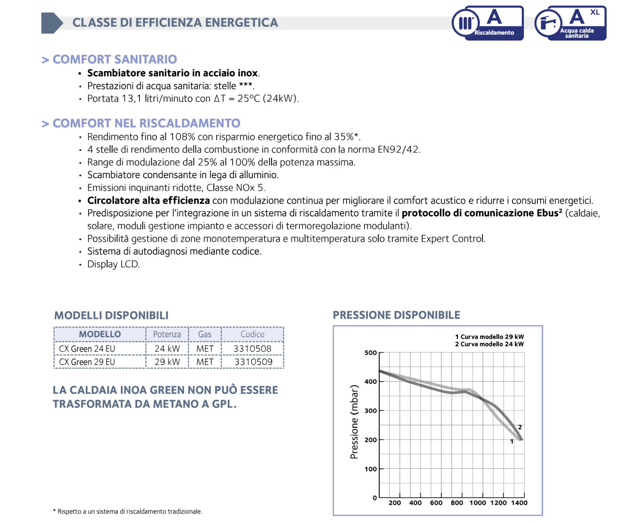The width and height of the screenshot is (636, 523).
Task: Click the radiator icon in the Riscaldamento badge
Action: [x=465, y=23]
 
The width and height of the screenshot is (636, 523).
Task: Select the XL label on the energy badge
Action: [x=595, y=12]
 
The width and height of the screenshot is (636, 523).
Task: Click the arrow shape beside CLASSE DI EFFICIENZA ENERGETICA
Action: [x=52, y=23]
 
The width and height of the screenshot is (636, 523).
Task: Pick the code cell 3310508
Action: [x=252, y=349]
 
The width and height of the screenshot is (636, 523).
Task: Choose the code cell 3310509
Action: [x=253, y=362]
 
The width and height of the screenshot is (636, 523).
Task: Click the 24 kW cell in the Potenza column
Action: [x=167, y=349]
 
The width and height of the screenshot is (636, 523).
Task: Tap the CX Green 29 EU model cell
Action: [x=87, y=362]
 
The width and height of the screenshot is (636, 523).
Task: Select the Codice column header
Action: [x=252, y=334]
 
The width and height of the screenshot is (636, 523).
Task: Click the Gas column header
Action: [x=205, y=334]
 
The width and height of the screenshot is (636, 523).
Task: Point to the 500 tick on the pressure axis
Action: [x=370, y=353]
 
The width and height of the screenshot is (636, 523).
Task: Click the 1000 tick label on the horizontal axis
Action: [x=477, y=503]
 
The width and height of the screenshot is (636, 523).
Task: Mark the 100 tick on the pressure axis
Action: [x=370, y=469]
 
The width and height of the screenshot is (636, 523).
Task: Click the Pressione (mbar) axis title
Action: [x=354, y=422]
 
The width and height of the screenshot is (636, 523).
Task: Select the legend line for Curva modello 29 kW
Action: [x=489, y=337]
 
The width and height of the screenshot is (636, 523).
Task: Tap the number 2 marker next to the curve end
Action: [x=520, y=427]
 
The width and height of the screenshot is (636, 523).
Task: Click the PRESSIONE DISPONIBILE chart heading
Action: [x=396, y=315]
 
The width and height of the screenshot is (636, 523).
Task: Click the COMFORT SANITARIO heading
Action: [x=114, y=59]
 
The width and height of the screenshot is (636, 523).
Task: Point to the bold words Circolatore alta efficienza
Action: [x=148, y=200]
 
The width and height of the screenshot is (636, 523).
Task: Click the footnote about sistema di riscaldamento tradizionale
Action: [x=128, y=511]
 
